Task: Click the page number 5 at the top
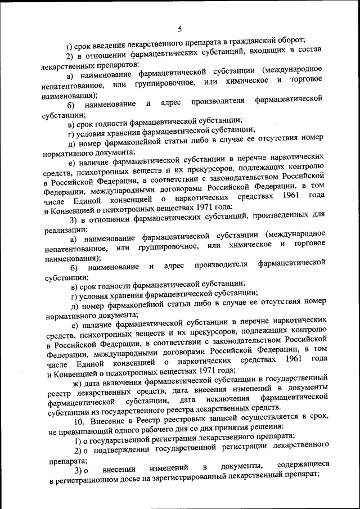(179, 29)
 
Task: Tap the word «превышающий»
(83, 431)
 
